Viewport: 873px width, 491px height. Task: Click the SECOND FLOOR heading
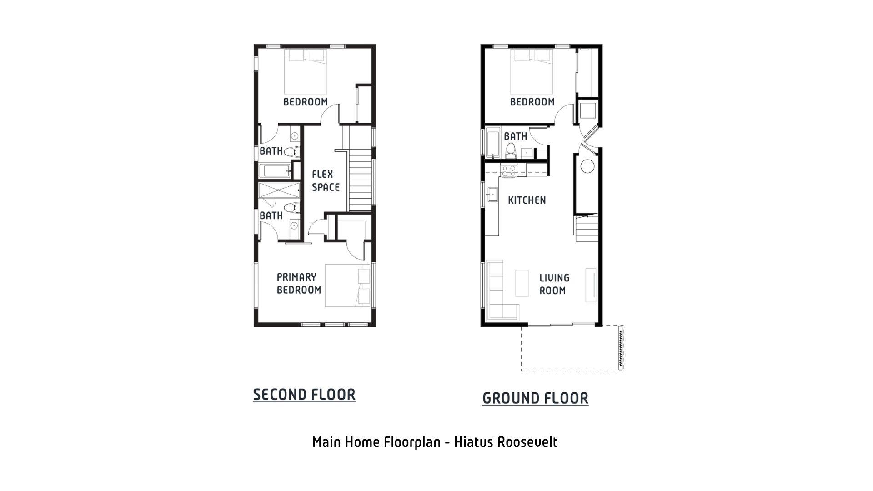point(304,395)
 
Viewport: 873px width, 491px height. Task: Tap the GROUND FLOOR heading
point(535,398)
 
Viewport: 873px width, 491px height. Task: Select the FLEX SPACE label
point(326,180)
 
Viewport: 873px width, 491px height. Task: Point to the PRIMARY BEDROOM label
point(299,283)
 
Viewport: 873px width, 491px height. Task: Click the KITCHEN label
point(527,200)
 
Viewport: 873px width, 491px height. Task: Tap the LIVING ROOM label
point(554,284)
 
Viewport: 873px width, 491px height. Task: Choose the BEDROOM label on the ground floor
point(532,102)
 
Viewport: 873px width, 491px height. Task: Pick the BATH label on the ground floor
point(515,136)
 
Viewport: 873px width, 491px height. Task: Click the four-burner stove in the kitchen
point(508,170)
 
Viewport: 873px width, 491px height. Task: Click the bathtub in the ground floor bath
point(493,143)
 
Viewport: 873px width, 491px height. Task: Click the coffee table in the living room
point(522,283)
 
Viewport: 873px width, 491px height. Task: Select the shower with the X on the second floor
point(279,190)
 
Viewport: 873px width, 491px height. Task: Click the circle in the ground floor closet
point(587,166)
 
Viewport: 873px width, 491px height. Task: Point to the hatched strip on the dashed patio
point(620,347)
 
